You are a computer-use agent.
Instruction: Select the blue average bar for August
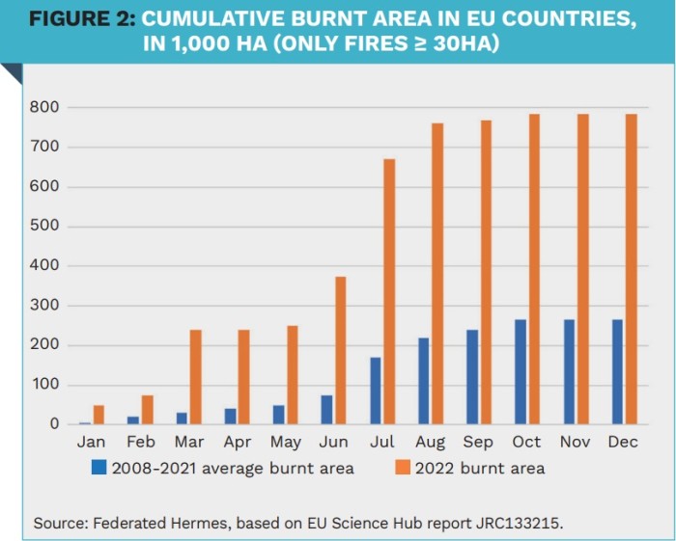(x=423, y=381)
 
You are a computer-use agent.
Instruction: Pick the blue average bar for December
(x=617, y=372)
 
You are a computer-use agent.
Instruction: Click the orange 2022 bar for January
(x=99, y=415)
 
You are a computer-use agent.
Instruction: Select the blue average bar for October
(x=521, y=372)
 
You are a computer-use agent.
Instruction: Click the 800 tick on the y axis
(x=46, y=108)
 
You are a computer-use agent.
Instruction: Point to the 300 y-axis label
(x=46, y=306)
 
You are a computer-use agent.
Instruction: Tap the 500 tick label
(x=46, y=227)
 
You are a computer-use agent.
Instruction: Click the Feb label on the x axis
(x=140, y=442)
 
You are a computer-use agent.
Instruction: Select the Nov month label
(x=576, y=442)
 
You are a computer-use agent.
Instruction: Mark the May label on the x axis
(x=286, y=442)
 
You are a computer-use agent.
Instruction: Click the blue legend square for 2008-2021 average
(x=98, y=468)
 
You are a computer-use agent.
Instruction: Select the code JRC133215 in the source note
(x=499, y=523)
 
